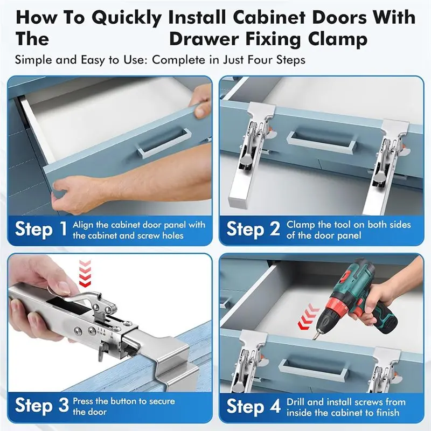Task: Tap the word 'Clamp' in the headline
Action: click(x=338, y=39)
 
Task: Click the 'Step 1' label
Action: click(x=41, y=229)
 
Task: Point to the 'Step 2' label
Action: click(x=253, y=230)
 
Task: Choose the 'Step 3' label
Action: click(x=41, y=405)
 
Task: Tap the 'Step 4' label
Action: click(x=253, y=406)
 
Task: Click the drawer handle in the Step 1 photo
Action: click(x=164, y=142)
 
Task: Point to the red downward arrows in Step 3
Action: click(x=85, y=273)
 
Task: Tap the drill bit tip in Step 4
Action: click(x=314, y=338)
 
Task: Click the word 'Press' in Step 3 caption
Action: click(x=83, y=401)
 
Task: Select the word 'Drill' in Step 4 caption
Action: click(x=295, y=402)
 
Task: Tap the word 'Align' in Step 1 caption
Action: click(x=83, y=225)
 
